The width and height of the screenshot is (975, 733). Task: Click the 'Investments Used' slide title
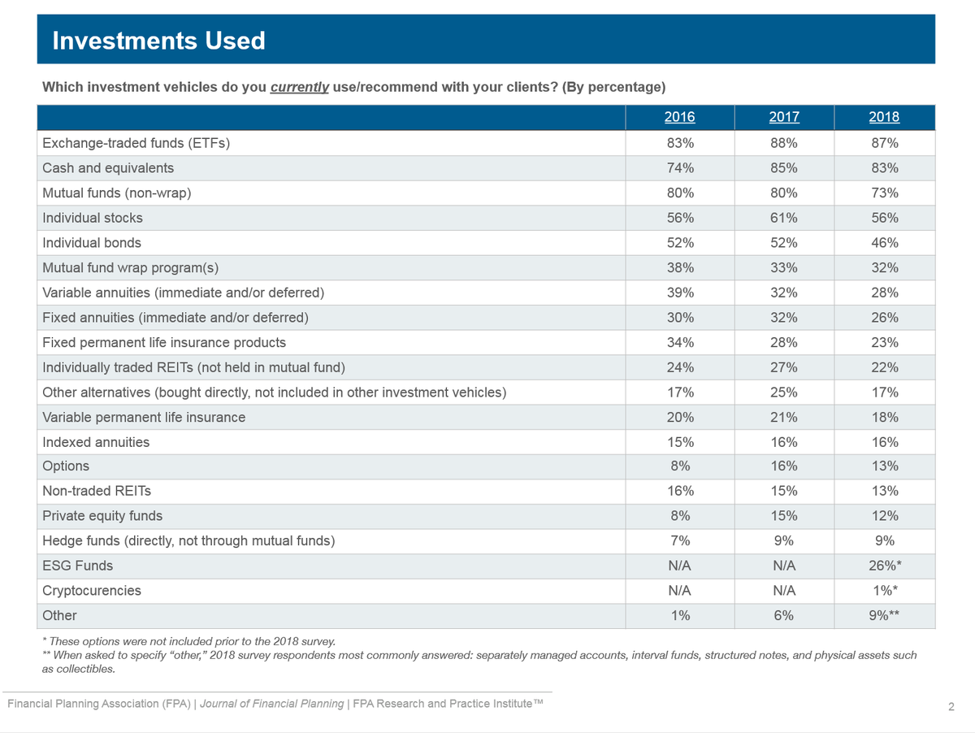[158, 41]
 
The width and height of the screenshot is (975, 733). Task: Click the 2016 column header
[679, 117]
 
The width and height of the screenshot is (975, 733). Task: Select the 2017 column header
[784, 117]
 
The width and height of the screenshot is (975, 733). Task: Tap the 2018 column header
[884, 117]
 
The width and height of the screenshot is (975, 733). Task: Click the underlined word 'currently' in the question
[299, 87]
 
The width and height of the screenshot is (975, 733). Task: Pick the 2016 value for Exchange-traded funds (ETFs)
[680, 143]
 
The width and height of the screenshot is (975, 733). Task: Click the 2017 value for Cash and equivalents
[784, 168]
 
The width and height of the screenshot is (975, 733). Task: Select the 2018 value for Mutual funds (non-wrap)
[884, 193]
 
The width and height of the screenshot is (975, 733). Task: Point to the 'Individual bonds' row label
[92, 243]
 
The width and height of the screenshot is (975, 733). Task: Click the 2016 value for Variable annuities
[680, 293]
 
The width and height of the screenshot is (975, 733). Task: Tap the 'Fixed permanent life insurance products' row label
[164, 342]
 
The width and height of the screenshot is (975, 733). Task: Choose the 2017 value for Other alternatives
[784, 393]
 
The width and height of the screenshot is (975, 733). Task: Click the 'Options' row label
[66, 466]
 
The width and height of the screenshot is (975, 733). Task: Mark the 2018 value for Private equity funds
[884, 516]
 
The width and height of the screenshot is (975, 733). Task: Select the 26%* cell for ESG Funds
[885, 566]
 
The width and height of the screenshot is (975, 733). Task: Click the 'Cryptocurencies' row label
[92, 591]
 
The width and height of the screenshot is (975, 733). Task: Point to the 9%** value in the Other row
[884, 615]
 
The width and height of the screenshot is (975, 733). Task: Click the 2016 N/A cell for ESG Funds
[679, 566]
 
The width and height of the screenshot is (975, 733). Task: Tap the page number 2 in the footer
[951, 707]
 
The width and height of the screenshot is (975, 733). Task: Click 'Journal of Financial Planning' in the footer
[272, 704]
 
